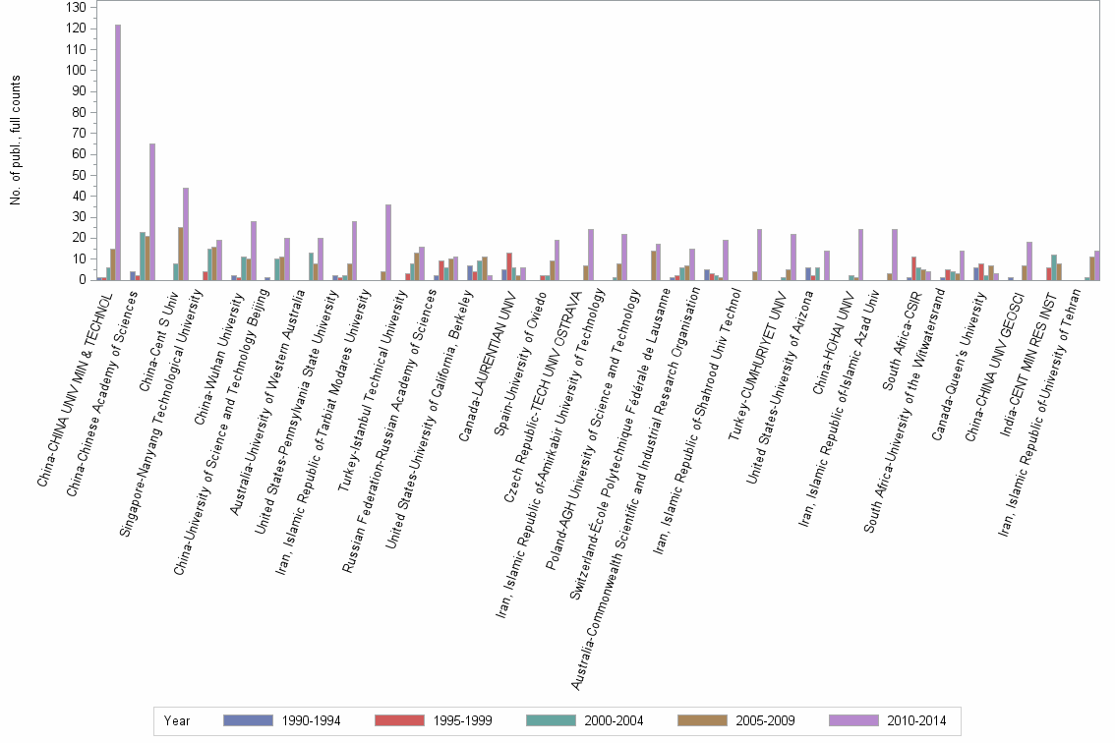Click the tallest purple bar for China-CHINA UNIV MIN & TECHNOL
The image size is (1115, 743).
click(118, 152)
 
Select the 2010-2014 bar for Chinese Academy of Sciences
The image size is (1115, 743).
click(152, 212)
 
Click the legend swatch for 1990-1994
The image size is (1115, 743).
click(248, 720)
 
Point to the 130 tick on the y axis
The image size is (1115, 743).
click(76, 7)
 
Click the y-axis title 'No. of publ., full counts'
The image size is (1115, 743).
click(16, 140)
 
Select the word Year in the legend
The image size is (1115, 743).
click(177, 720)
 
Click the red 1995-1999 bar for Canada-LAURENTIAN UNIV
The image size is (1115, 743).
click(509, 266)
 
